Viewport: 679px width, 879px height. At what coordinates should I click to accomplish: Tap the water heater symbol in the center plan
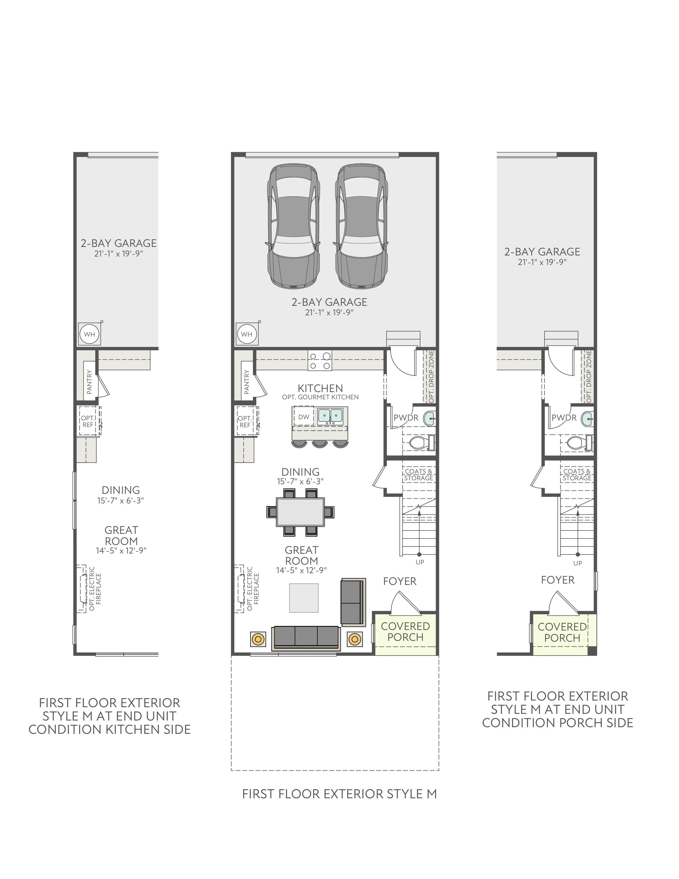coord(247,334)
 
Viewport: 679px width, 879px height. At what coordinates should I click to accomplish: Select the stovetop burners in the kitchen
coord(320,361)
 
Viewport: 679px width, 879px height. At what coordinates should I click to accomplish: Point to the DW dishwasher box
coord(304,417)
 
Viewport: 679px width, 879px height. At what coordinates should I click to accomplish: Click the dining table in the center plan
coord(300,512)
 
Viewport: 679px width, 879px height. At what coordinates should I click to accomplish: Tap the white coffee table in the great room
coord(304,598)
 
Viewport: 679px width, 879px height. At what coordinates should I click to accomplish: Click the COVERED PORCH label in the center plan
coord(406,632)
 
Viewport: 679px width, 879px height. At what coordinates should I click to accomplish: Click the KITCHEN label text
coord(320,388)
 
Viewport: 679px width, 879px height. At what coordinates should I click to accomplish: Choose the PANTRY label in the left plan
coord(89,382)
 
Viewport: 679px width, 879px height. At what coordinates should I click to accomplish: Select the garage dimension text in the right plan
coord(542,262)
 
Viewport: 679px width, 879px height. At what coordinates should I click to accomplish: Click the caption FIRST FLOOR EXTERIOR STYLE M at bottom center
coord(339,794)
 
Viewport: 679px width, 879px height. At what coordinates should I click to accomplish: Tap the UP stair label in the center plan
coord(420,562)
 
